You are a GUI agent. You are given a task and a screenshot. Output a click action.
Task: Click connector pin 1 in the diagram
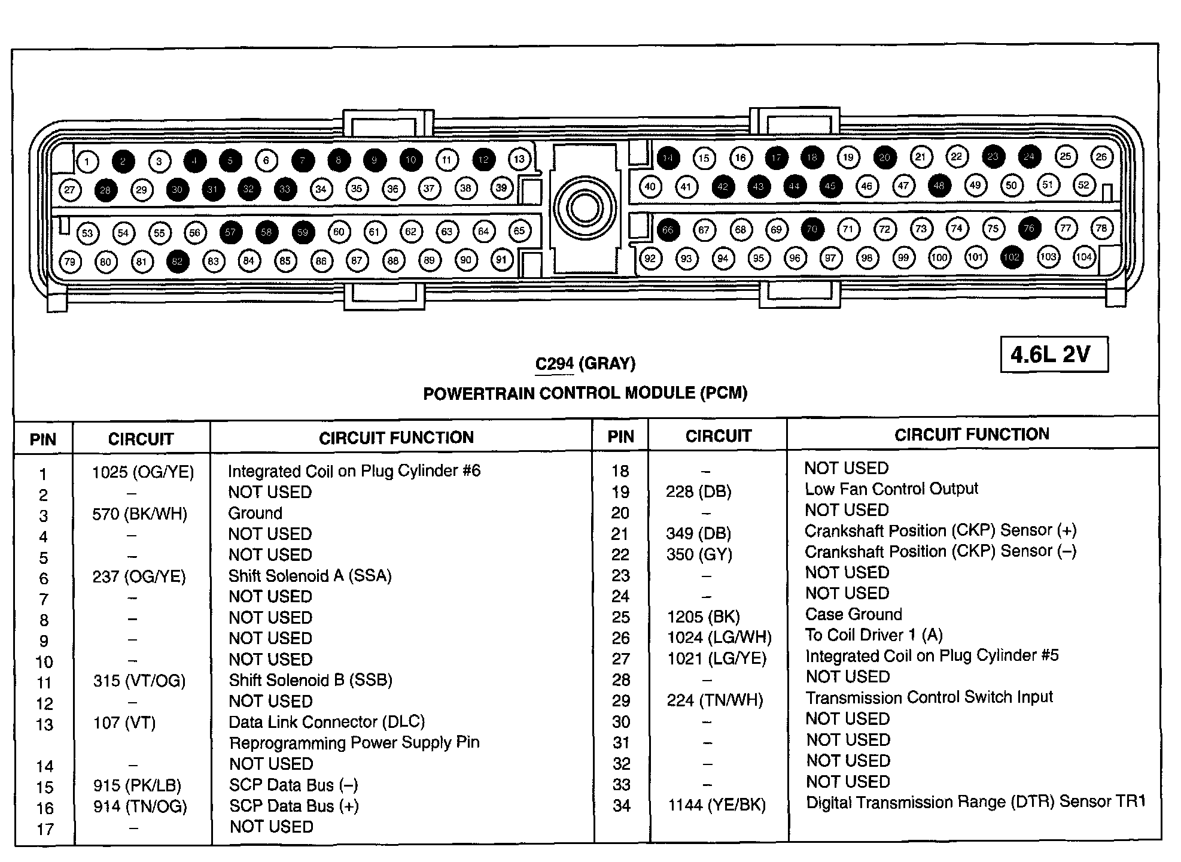87,161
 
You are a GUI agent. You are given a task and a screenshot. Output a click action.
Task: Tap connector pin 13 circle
519,159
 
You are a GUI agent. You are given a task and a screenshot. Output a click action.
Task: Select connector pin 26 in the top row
1101,157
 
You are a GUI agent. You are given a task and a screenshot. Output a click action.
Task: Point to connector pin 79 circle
70,262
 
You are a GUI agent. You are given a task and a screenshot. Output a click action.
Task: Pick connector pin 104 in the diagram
1083,257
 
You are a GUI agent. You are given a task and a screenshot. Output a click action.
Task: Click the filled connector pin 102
1011,257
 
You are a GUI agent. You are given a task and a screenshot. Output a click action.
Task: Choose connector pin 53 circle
87,233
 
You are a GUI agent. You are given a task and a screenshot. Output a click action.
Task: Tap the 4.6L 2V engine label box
1054,354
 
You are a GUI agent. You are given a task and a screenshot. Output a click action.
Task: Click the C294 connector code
554,363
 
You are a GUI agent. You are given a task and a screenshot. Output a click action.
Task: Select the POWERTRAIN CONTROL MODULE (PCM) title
585,393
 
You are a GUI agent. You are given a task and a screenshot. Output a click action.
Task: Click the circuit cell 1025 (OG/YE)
143,472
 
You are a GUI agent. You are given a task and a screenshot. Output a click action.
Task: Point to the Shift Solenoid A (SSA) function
310,576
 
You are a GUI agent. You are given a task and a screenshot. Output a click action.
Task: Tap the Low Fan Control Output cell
891,489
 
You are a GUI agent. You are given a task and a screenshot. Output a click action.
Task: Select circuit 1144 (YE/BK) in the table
717,805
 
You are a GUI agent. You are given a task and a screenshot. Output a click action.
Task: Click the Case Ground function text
853,614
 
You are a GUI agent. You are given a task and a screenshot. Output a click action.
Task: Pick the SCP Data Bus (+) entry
294,806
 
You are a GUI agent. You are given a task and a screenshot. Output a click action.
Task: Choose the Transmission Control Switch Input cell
929,697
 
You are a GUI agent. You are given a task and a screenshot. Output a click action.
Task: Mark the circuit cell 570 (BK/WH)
139,514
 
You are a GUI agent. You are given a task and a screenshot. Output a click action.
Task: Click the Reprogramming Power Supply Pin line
354,743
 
